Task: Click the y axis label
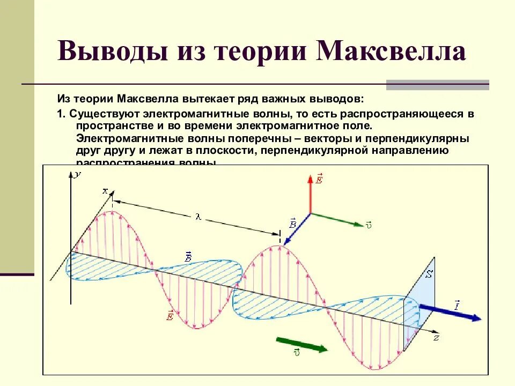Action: pyautogui.click(x=78, y=174)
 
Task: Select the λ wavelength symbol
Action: pyautogui.click(x=198, y=217)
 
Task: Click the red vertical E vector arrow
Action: pyautogui.click(x=310, y=193)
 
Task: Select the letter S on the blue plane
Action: pyautogui.click(x=429, y=275)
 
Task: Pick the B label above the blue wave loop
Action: pyautogui.click(x=189, y=257)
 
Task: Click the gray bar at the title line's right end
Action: pyautogui.click(x=437, y=85)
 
